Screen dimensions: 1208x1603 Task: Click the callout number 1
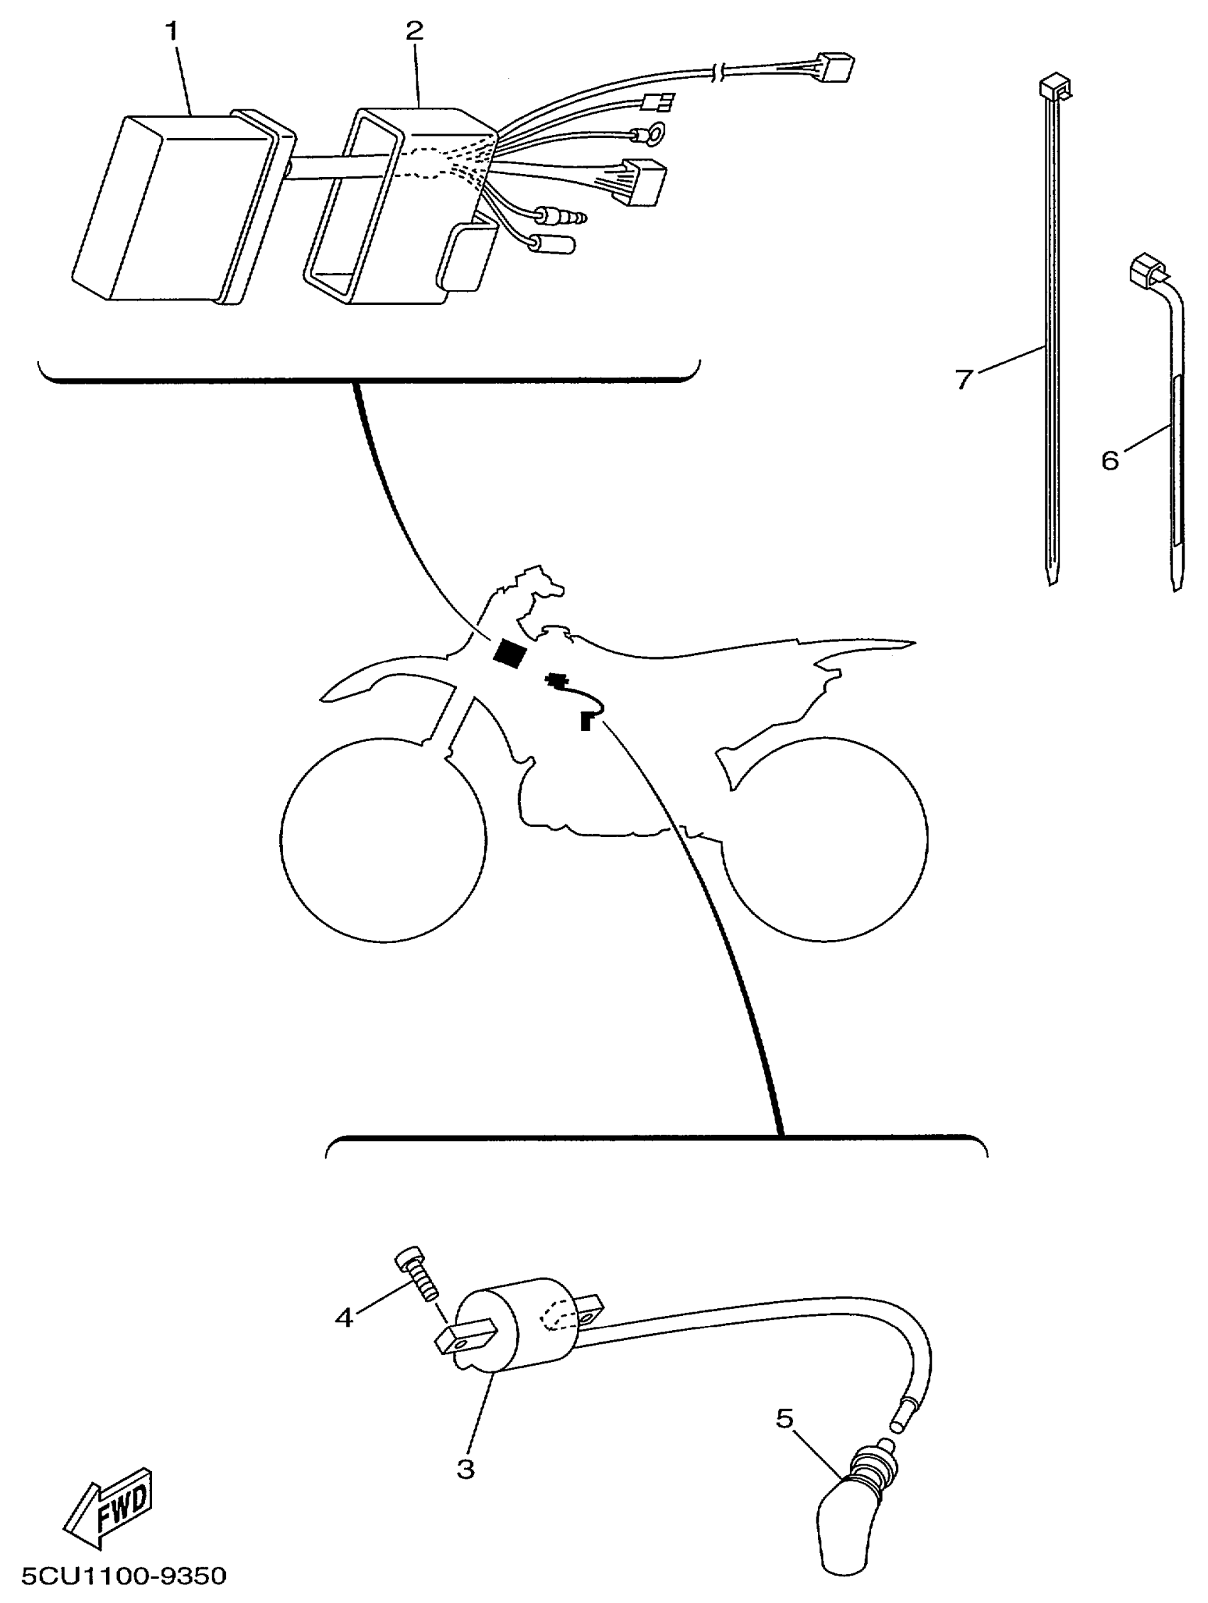tap(173, 31)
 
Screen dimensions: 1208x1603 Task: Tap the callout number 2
tap(414, 31)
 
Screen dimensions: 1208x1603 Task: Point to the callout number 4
tap(343, 1317)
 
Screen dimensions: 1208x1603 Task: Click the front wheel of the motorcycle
tap(382, 840)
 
